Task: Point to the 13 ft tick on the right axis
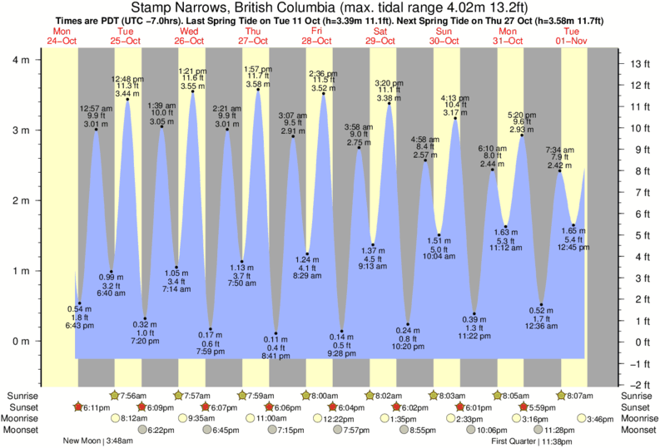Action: point(638,63)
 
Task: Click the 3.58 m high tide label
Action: point(258,84)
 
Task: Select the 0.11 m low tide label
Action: point(276,339)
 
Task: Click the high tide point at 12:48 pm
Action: point(127,99)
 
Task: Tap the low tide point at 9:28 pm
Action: point(341,332)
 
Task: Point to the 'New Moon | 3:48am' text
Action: point(98,441)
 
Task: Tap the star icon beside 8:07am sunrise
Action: point(561,395)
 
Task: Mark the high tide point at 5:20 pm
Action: point(522,135)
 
